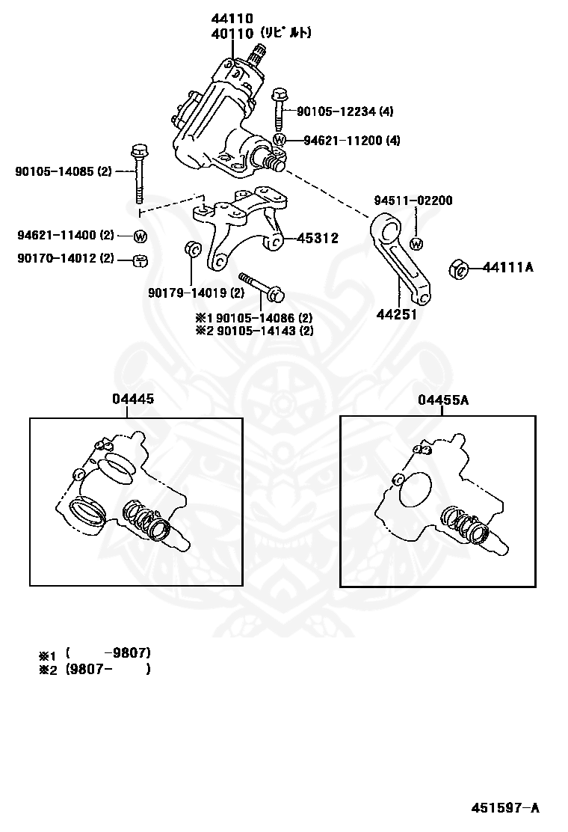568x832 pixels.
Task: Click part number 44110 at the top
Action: (232, 18)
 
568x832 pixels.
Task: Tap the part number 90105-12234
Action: (335, 111)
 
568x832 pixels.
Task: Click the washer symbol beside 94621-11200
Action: (280, 140)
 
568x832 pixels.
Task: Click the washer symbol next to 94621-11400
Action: (141, 236)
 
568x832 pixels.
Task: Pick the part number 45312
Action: (318, 239)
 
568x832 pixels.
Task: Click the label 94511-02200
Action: (413, 201)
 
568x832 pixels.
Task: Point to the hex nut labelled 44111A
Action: (458, 267)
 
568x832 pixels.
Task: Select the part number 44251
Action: (396, 314)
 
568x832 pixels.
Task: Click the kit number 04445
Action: (133, 400)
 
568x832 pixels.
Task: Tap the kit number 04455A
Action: (443, 400)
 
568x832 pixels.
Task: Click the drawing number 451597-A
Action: (505, 807)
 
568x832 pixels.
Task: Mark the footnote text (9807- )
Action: (108, 670)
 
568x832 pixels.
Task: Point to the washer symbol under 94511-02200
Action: (417, 243)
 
